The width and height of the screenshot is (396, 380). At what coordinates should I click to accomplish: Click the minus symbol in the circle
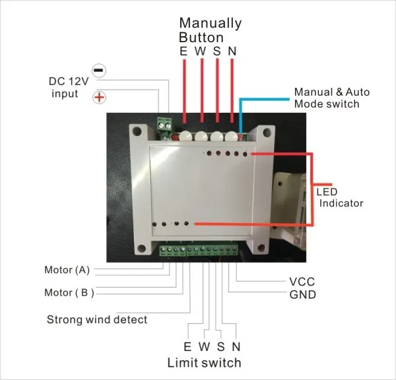pyautogui.click(x=98, y=70)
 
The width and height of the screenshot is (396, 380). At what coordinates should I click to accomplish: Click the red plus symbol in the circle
pyautogui.click(x=98, y=98)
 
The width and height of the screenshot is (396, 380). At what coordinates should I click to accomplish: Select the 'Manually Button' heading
pyautogui.click(x=210, y=30)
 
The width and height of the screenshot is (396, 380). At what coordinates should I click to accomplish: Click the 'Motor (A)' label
pyautogui.click(x=67, y=270)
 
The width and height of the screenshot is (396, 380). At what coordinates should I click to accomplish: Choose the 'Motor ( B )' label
pyautogui.click(x=69, y=292)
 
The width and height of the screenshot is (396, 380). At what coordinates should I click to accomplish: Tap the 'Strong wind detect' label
pyautogui.click(x=96, y=320)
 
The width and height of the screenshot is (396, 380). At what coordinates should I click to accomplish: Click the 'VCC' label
pyautogui.click(x=302, y=282)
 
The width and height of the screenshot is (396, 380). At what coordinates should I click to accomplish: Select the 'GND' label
pyautogui.click(x=302, y=294)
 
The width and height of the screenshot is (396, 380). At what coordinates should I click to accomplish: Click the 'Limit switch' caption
pyautogui.click(x=204, y=362)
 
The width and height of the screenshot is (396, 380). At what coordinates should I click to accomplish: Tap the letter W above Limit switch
pyautogui.click(x=204, y=346)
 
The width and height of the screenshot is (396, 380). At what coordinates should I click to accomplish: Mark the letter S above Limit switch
pyautogui.click(x=220, y=346)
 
